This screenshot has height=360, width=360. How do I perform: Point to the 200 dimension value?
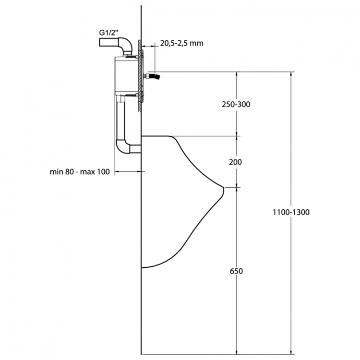235,162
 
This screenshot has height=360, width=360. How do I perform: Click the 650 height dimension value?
236,271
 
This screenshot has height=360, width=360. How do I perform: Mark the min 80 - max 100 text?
80,171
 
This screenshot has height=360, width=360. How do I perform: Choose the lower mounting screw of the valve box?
131,98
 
